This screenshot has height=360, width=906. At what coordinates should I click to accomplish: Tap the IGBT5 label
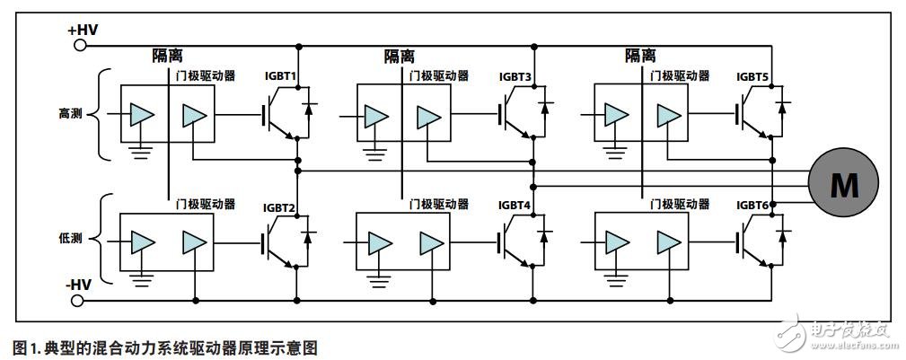coord(753,76)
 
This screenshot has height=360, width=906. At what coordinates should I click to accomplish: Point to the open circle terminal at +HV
coord(81,45)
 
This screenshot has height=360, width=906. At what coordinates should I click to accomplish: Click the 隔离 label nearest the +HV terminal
coord(167,56)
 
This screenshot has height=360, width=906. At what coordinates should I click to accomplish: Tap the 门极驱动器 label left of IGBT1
coord(206,76)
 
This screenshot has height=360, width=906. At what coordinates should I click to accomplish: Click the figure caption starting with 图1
coord(166,347)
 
